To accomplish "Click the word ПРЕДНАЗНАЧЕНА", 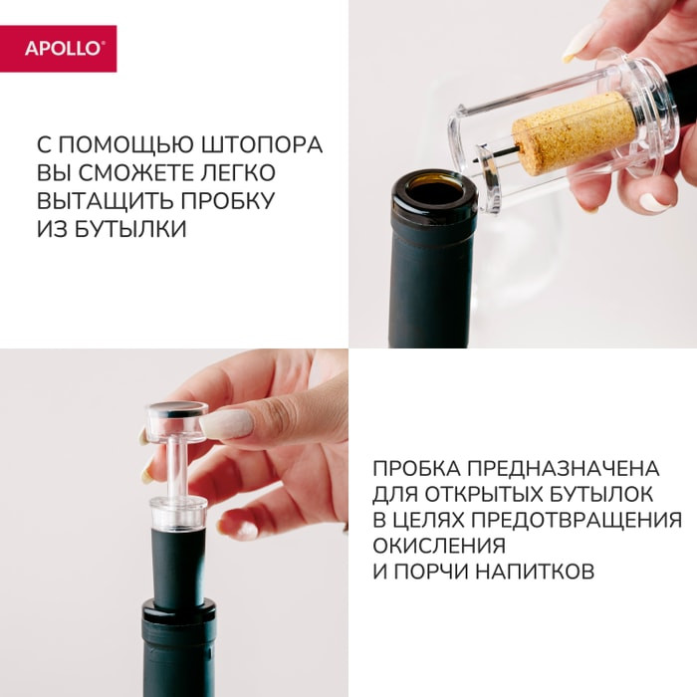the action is point(564,469).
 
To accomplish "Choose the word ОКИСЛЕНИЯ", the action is point(439,546).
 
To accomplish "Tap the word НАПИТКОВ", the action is point(535,572).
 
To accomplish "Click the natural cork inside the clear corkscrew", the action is point(574,131).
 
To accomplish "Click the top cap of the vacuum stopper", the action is point(177,420).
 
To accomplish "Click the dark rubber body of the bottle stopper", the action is point(178,564).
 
